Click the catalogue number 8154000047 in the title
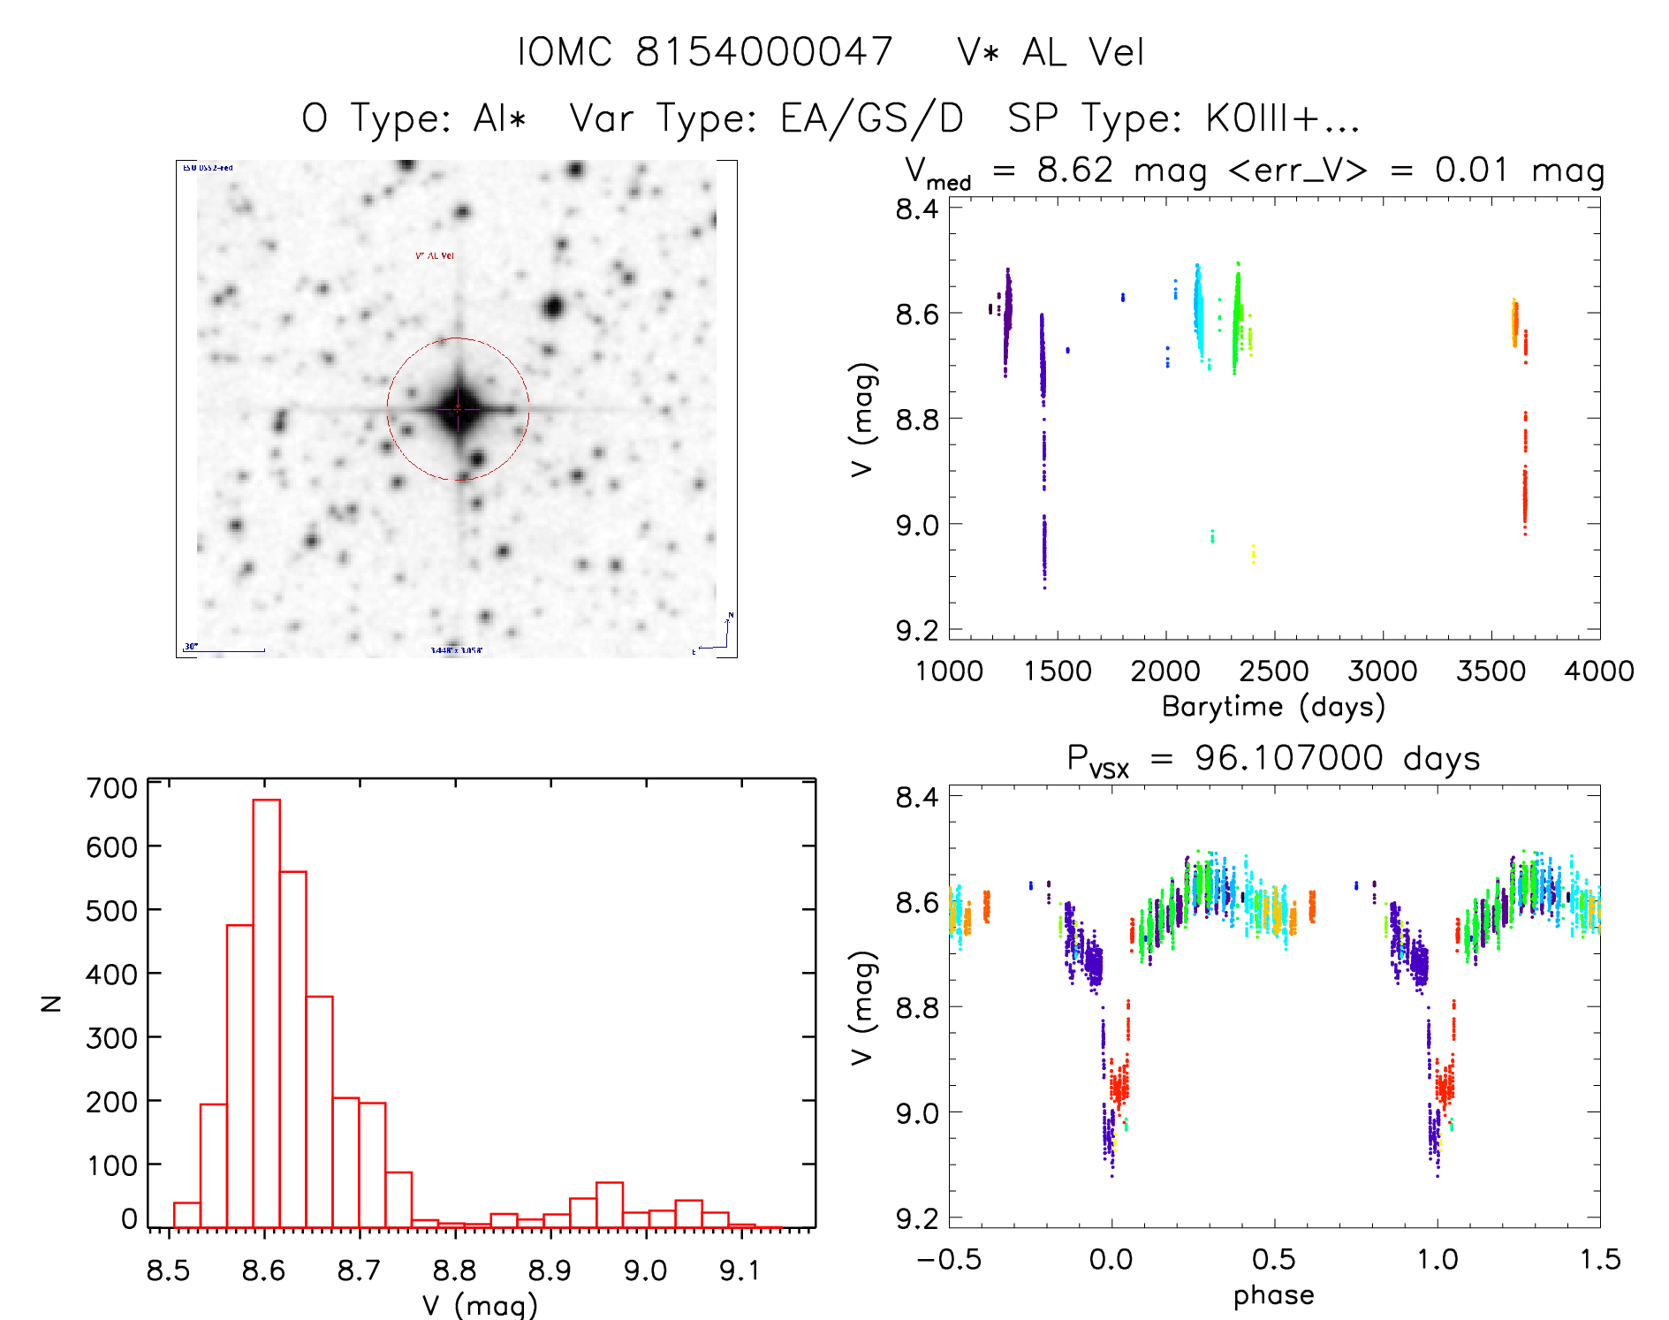[763, 52]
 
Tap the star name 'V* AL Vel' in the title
[1051, 52]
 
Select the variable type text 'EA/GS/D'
[871, 118]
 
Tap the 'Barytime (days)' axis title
[1273, 706]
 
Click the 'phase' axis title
[1273, 1294]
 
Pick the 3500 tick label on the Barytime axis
[1491, 671]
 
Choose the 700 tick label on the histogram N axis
[111, 787]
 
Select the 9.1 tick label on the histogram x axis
[740, 1271]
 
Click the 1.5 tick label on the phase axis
[1599, 1259]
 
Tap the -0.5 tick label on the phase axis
[949, 1259]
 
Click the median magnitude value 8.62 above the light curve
[1074, 170]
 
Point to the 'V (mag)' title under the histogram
[479, 1305]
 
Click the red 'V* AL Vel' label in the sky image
[435, 255]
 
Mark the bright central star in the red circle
[458, 408]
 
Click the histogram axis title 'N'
[52, 1003]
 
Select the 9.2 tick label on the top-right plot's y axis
[917, 630]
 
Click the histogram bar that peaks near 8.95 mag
[610, 1205]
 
